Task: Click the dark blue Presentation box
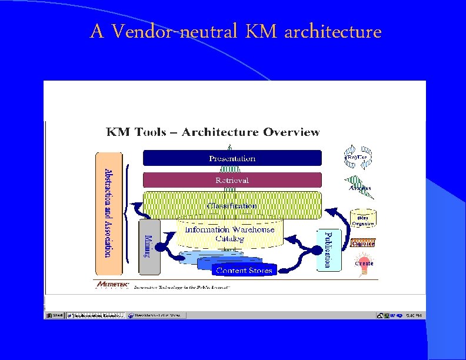point(232,158)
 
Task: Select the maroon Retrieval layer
point(232,179)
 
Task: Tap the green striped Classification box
point(232,205)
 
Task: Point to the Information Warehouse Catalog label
point(229,234)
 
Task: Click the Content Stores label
point(244,271)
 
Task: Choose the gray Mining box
point(149,247)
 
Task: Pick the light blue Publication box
point(328,249)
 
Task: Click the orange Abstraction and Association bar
point(108,213)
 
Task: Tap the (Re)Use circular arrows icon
point(358,157)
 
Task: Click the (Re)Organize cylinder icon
point(362,218)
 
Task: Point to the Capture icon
point(363,242)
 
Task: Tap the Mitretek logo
point(112,285)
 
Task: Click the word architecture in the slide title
point(332,31)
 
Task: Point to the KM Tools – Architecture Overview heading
point(212,132)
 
